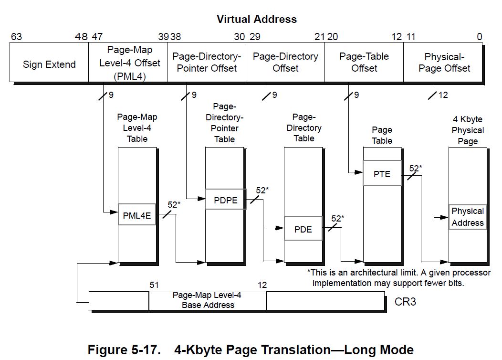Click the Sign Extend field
coord(49,64)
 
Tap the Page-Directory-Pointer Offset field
coord(206,63)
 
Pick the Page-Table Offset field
coord(364,63)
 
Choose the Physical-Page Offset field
coord(444,63)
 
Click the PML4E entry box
coord(137,215)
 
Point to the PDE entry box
coord(303,229)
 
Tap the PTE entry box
coord(382,174)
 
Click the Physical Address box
coord(468,217)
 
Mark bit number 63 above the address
coord(16,37)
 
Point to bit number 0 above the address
coord(479,37)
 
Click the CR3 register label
coord(405,302)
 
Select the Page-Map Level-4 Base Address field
coord(208,300)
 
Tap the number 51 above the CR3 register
coord(154,285)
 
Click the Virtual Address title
coord(256,20)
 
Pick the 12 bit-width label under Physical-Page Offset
coord(443,95)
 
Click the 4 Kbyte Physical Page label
coord(468,130)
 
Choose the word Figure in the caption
coord(109,349)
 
